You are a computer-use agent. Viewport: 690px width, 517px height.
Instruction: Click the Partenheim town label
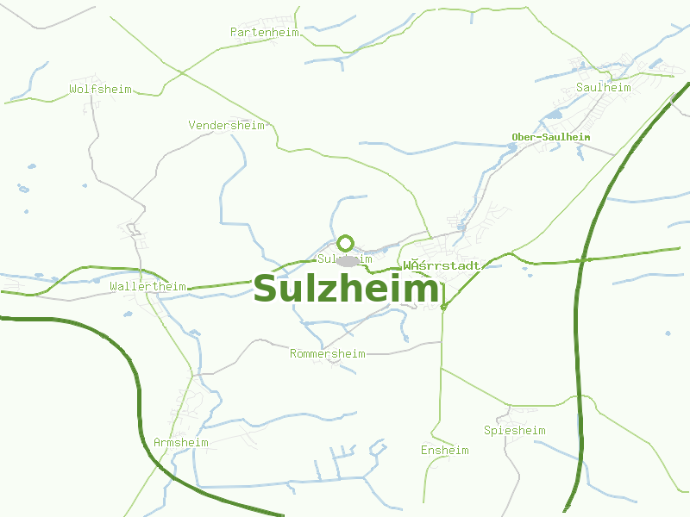click(x=264, y=33)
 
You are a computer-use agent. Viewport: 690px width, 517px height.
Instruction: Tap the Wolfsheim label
click(x=100, y=89)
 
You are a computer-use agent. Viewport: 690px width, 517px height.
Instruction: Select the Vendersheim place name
click(x=226, y=126)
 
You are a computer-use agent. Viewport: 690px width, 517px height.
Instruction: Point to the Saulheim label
click(x=603, y=88)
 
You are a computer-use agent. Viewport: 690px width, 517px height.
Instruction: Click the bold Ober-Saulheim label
click(x=550, y=137)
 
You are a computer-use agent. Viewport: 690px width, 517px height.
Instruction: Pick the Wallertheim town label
click(x=148, y=286)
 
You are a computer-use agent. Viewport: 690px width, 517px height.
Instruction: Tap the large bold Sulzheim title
click(x=345, y=290)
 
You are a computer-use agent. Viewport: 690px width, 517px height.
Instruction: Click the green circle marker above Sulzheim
click(x=346, y=243)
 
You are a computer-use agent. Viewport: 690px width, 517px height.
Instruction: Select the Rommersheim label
click(x=327, y=354)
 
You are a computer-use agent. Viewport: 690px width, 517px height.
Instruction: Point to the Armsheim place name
click(x=181, y=443)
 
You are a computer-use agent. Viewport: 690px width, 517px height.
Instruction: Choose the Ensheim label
click(x=444, y=451)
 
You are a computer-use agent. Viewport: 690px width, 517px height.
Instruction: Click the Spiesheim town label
click(x=514, y=431)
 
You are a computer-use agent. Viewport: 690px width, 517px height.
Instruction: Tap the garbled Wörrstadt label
click(x=441, y=265)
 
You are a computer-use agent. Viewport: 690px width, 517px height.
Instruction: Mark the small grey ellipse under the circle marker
click(x=348, y=260)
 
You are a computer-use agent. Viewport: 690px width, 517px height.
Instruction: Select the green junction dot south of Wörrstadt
click(x=443, y=306)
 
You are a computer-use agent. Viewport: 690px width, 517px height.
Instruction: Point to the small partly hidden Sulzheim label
click(x=327, y=258)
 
